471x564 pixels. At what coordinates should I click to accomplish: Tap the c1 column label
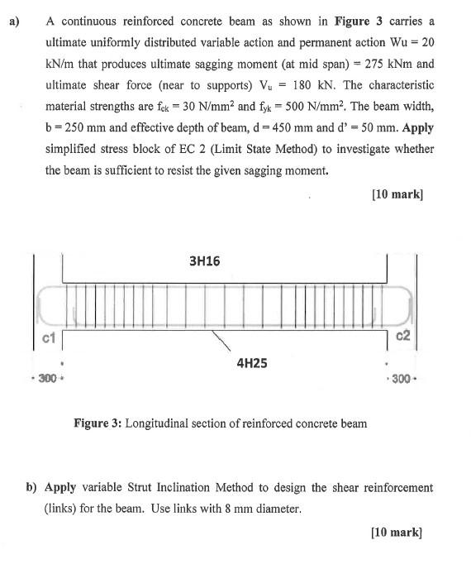point(47,337)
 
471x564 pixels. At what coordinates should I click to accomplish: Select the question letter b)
point(32,487)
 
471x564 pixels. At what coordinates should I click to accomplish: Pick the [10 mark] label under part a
point(397,194)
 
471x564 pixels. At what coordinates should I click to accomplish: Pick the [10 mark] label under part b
point(397,533)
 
